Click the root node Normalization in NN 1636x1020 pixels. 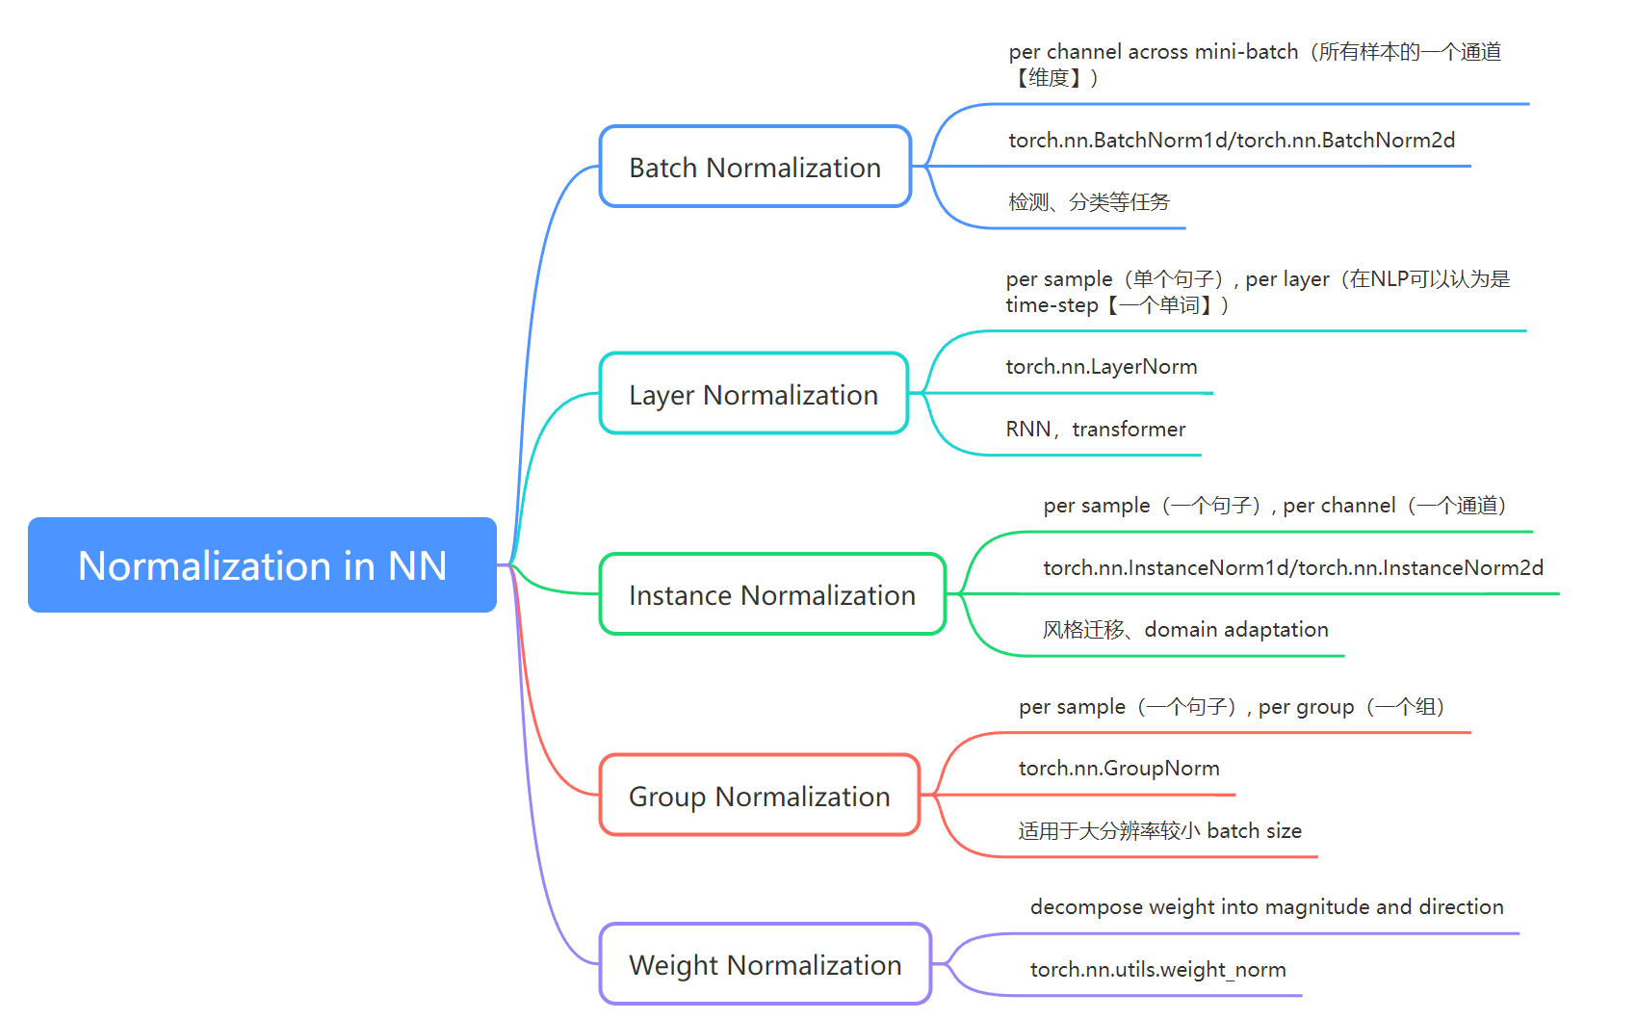[x=262, y=565]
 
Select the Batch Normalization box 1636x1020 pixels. [x=755, y=167]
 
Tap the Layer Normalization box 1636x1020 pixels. [x=753, y=394]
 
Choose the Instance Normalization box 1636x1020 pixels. [x=771, y=595]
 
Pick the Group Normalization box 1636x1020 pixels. [x=759, y=796]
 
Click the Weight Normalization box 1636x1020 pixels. [x=765, y=964]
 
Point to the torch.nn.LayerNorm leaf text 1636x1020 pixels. [x=1101, y=367]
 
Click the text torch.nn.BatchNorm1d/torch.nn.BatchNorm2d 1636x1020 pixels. [x=1231, y=141]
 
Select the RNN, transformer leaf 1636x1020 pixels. [x=1095, y=430]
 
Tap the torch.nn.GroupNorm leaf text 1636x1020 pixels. [x=1119, y=769]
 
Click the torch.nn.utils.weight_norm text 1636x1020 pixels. [x=1157, y=970]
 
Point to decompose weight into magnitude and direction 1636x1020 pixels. [x=1266, y=907]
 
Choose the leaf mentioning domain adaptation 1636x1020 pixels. [x=1185, y=630]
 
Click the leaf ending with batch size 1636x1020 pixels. [x=1159, y=831]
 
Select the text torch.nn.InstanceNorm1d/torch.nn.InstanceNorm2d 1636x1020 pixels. [x=1292, y=568]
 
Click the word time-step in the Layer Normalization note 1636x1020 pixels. [x=1052, y=306]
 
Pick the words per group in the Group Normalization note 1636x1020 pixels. [x=1306, y=708]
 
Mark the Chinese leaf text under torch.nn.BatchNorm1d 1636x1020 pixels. [x=1088, y=202]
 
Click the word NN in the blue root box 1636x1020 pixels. [x=417, y=566]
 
